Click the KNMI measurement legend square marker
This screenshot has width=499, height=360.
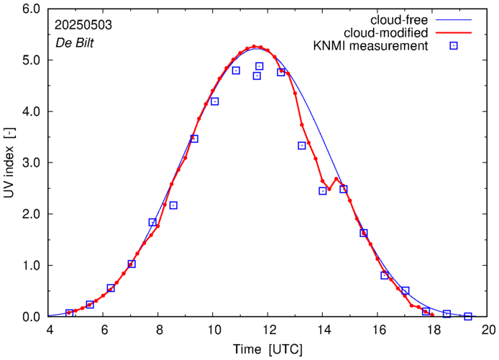(453, 47)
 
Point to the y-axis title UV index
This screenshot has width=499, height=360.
(10, 163)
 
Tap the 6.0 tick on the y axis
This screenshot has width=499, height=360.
(32, 9)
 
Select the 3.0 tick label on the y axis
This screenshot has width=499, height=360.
(32, 163)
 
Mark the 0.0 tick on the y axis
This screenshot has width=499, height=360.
(32, 317)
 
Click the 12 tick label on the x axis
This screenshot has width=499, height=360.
(269, 331)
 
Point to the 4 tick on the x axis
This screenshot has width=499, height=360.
(49, 331)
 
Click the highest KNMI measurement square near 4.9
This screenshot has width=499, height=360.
(260, 66)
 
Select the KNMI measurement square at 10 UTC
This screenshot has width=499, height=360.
(214, 101)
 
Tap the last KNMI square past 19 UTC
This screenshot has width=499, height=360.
(468, 316)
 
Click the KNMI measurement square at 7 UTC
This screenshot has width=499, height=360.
(132, 264)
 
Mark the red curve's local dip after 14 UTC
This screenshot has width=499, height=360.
(329, 189)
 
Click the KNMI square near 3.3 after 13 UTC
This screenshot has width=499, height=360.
(302, 146)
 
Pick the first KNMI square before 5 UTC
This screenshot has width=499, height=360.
(70, 313)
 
